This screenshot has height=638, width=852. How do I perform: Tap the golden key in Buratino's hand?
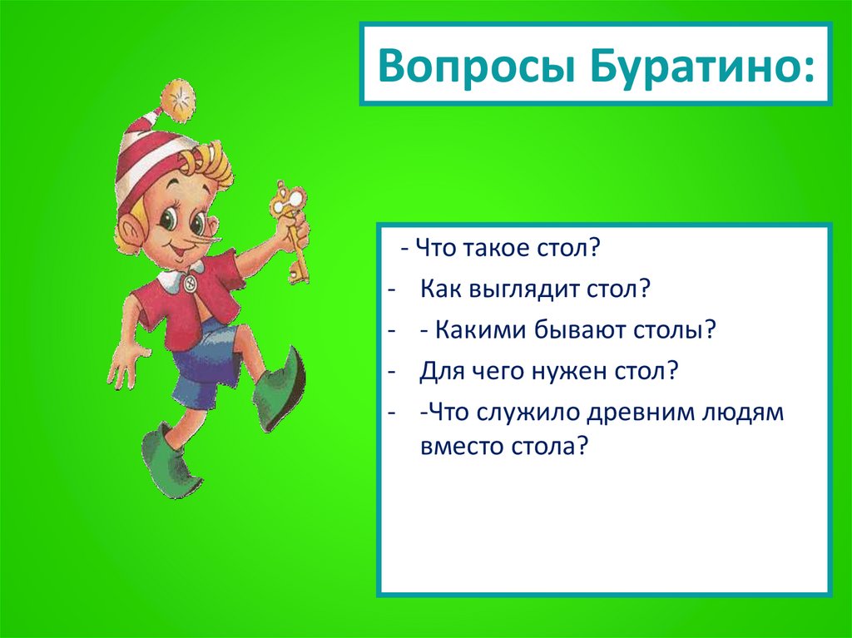pos(292,225)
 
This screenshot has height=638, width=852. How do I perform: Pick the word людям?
pos(742,412)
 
